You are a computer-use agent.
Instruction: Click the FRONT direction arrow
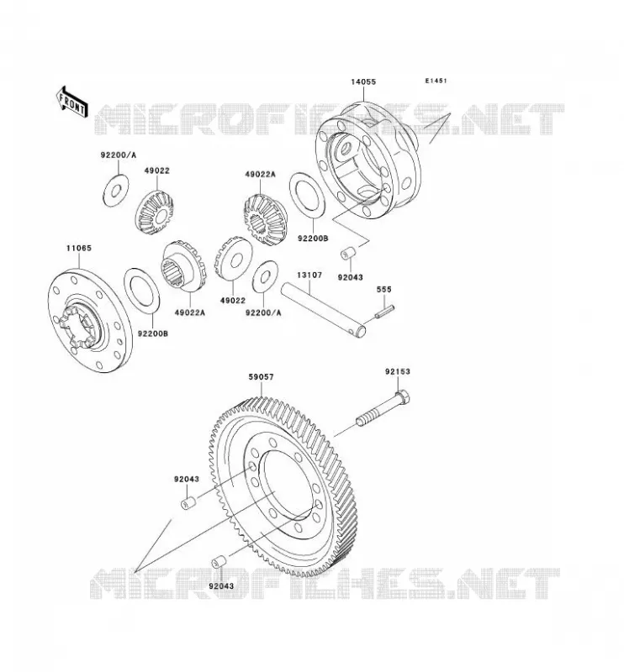72,102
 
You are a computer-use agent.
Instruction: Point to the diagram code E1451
436,81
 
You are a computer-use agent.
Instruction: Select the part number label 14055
363,81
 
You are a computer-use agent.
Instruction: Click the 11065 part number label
79,248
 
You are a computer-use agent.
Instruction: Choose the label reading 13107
309,276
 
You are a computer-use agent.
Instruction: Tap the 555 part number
384,289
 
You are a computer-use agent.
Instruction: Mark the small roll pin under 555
384,311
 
